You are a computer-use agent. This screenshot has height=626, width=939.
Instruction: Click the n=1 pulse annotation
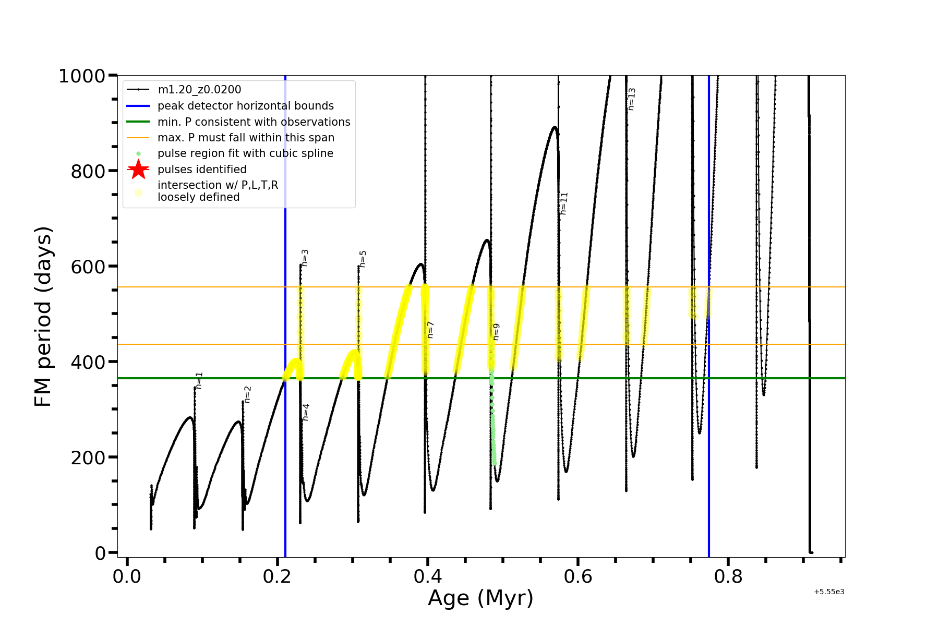[199, 380]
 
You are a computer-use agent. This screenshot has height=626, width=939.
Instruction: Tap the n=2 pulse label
[248, 394]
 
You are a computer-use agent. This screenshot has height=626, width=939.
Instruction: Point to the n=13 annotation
[632, 99]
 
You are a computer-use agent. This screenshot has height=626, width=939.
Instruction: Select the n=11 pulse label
[564, 203]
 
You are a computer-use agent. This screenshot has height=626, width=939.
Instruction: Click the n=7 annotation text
[430, 330]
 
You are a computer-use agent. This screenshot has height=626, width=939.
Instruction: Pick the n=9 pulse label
[496, 332]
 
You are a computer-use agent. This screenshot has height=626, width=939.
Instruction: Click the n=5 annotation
[363, 259]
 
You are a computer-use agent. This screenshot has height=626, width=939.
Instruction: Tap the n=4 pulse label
[306, 412]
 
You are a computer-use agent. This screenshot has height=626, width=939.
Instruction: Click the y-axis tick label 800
[88, 171]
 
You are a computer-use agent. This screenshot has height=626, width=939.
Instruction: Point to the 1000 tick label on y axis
[82, 76]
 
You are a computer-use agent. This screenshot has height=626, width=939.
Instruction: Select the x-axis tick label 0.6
[578, 577]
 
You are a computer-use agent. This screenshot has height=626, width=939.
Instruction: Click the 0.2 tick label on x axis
[277, 577]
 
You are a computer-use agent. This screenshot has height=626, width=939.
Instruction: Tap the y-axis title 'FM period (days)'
[43, 316]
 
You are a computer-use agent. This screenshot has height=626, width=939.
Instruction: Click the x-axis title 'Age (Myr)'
[480, 598]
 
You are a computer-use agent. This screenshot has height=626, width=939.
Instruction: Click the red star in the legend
[138, 170]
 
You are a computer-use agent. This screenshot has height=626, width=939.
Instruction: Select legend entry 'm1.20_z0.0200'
[199, 90]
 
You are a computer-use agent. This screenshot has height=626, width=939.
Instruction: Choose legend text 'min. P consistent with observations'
[254, 122]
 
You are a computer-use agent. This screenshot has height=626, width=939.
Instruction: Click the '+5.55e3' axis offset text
[829, 592]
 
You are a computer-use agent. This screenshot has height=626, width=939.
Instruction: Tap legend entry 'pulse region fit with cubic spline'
[245, 153]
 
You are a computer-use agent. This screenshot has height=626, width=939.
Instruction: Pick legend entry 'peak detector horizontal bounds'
[245, 106]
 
